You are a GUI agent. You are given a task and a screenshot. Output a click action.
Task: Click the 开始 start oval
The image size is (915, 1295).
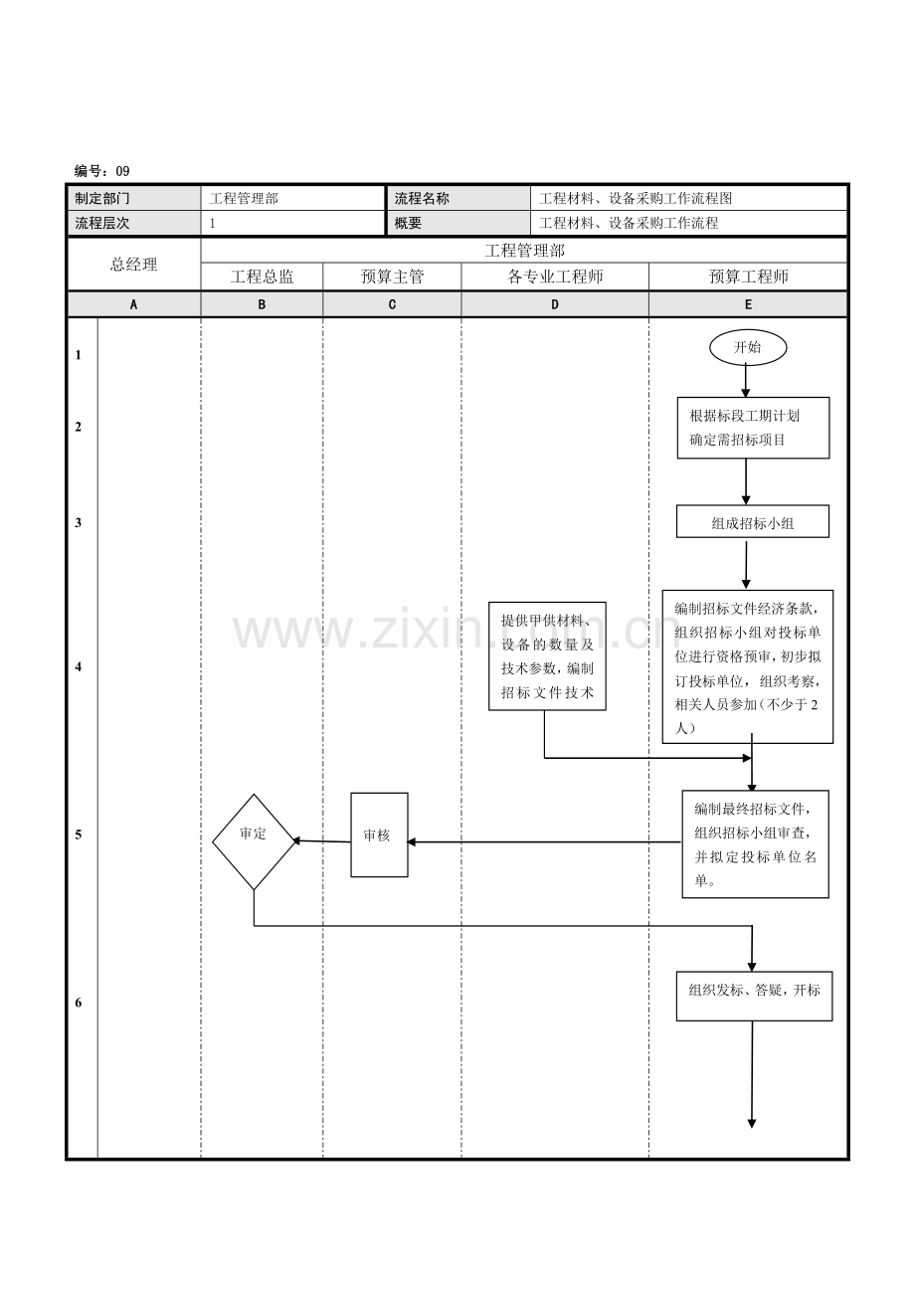[x=748, y=347]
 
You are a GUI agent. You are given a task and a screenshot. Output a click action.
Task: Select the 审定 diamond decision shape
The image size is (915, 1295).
[x=254, y=840]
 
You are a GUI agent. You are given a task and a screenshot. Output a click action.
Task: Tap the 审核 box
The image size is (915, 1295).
[x=379, y=835]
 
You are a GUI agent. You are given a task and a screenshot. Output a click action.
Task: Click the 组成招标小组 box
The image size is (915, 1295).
[x=752, y=522]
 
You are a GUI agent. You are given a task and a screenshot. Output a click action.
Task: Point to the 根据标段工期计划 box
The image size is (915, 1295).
[x=752, y=428]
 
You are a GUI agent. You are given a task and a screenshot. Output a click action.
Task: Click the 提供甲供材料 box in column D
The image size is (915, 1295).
[x=547, y=656]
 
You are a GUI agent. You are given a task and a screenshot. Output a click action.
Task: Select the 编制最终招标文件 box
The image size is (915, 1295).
[x=755, y=843]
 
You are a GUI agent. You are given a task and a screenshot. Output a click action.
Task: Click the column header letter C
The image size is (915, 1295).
[x=392, y=304]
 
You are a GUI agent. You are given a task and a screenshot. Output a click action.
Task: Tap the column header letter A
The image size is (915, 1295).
[x=133, y=304]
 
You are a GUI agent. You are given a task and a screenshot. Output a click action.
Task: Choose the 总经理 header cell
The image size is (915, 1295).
[x=133, y=264]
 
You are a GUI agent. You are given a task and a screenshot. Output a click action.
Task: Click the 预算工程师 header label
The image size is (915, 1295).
[x=748, y=277]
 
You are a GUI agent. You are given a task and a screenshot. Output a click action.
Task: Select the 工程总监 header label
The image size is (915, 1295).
[x=262, y=277]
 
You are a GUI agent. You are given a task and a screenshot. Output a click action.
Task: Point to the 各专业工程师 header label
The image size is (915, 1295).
[x=555, y=277]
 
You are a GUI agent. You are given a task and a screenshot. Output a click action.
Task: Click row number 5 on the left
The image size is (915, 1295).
[x=79, y=835]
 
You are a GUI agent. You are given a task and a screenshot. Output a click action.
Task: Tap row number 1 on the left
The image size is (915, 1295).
[x=79, y=355]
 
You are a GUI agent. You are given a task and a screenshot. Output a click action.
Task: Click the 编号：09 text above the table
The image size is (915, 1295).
[x=101, y=171]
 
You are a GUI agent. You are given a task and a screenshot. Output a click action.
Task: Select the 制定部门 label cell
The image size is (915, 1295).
[x=102, y=199]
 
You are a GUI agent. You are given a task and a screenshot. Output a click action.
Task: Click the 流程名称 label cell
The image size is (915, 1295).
[x=422, y=199]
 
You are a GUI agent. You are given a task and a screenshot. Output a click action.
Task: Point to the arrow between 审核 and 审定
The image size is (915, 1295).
[x=322, y=841]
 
